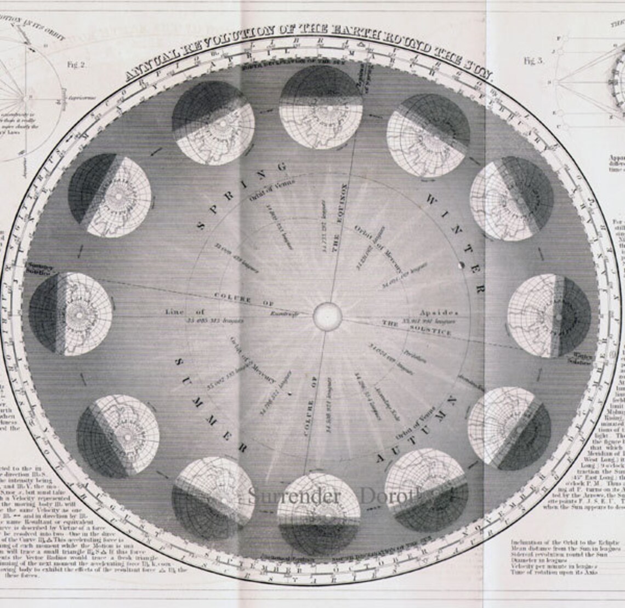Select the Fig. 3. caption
tap(533, 61)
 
